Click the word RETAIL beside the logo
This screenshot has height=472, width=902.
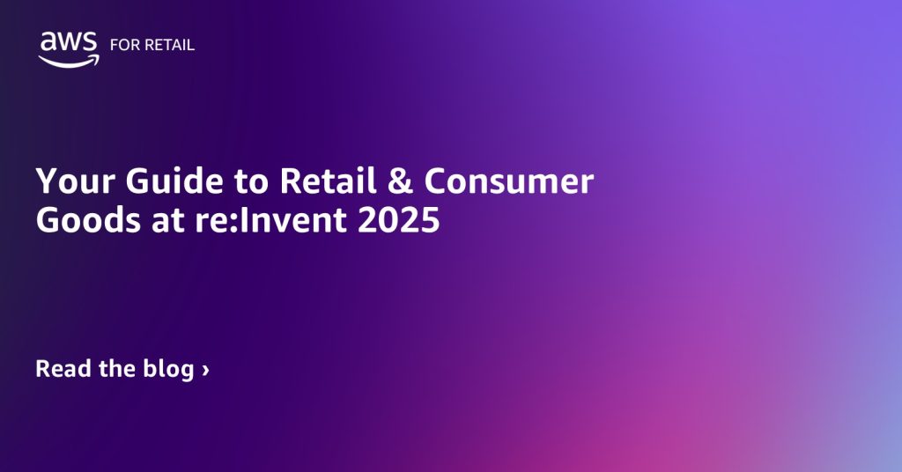click(x=169, y=46)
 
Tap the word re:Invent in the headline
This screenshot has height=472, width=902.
click(x=266, y=220)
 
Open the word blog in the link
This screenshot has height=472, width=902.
click(x=167, y=368)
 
